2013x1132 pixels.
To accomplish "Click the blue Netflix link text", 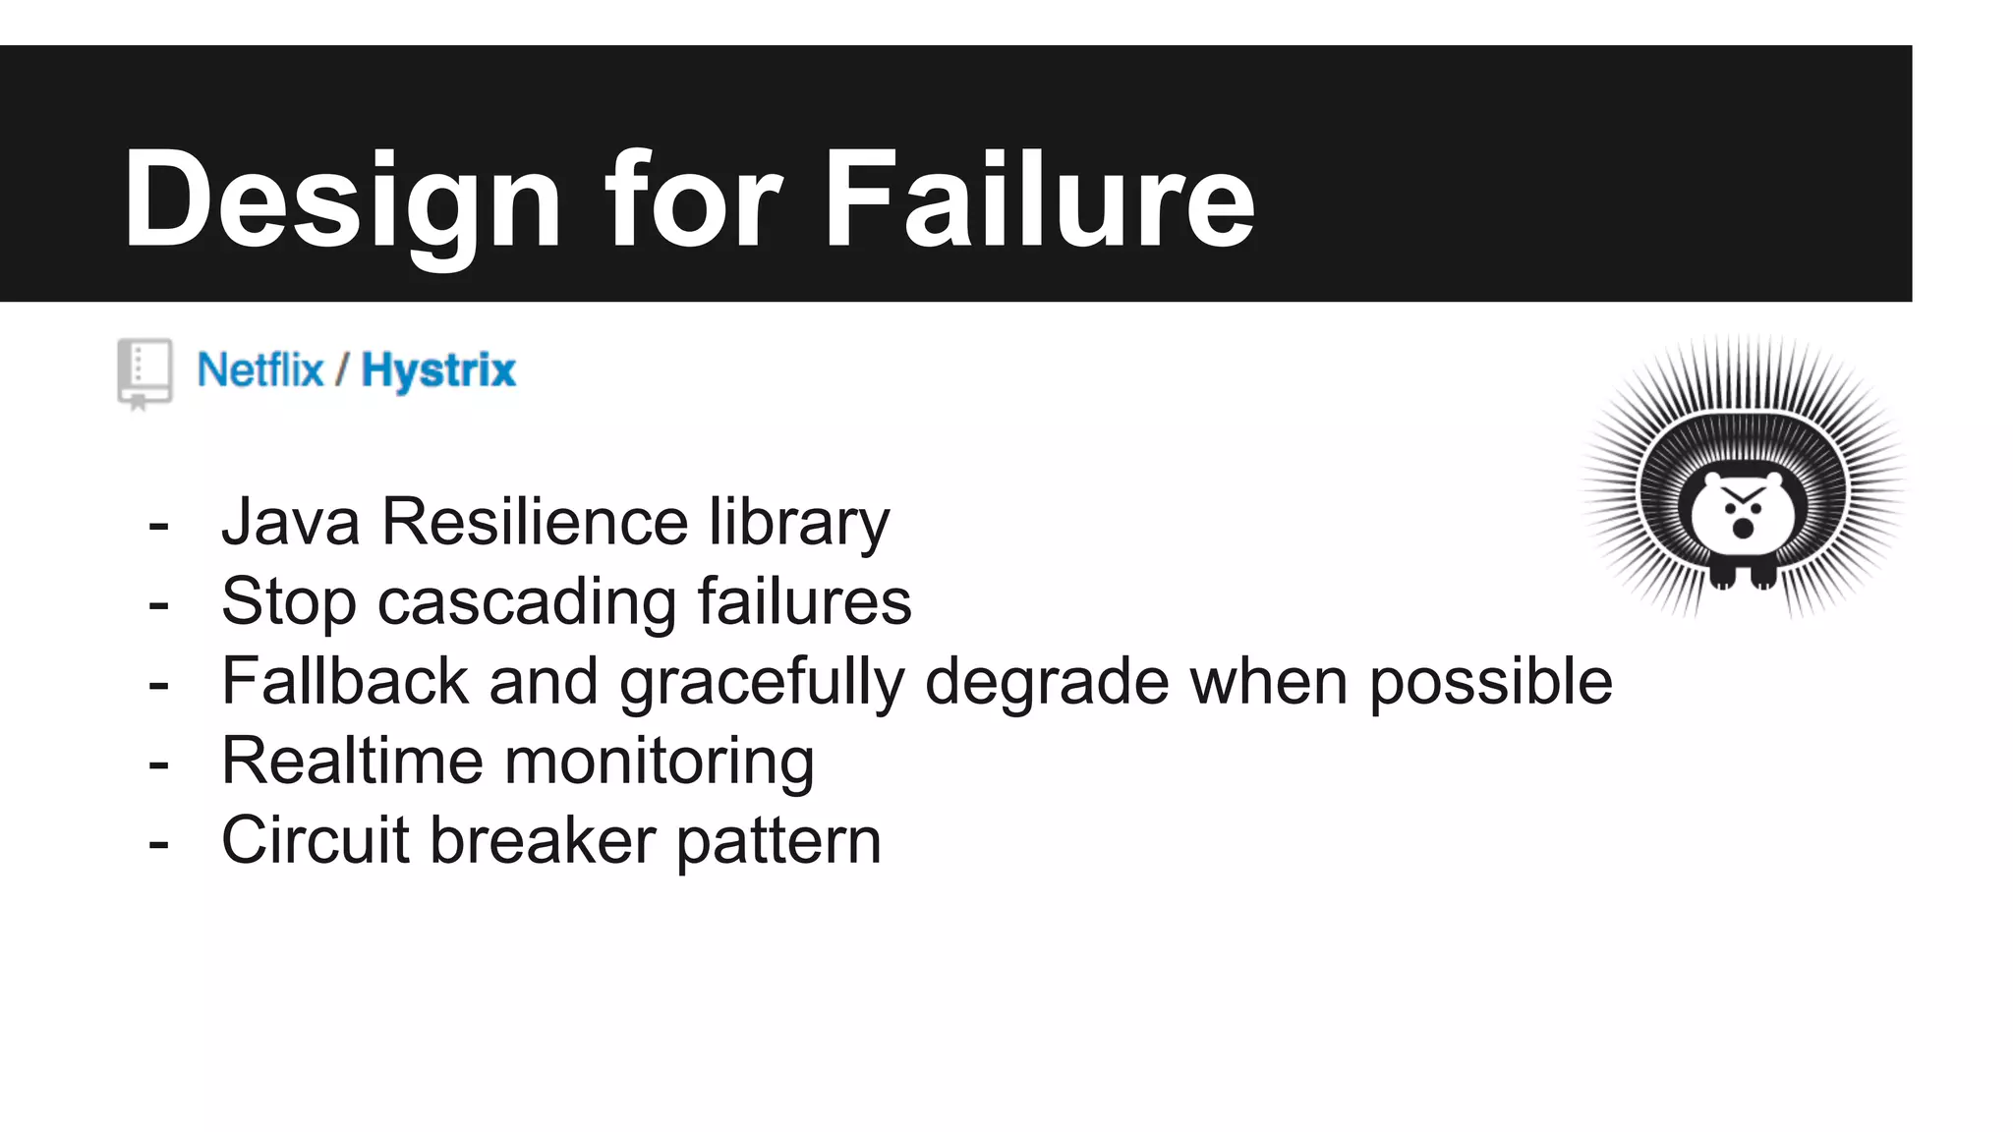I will pos(260,370).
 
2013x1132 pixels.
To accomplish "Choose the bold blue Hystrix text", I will pos(438,371).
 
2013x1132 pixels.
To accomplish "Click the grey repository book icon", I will pos(144,372).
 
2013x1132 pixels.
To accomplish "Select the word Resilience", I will pos(534,522).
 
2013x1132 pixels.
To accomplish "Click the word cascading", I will pos(527,602).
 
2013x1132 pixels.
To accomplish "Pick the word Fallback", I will pos(345,681).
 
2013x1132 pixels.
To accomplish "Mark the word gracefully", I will pos(761,683).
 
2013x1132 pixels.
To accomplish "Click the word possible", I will pos(1490,683).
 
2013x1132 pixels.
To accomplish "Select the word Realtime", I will pos(353,761).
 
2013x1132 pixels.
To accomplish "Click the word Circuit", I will pos(315,840).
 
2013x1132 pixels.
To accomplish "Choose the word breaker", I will pos(543,840).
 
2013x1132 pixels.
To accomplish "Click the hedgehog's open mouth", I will pos(1742,529).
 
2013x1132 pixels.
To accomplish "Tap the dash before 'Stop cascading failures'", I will pos(158,604).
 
